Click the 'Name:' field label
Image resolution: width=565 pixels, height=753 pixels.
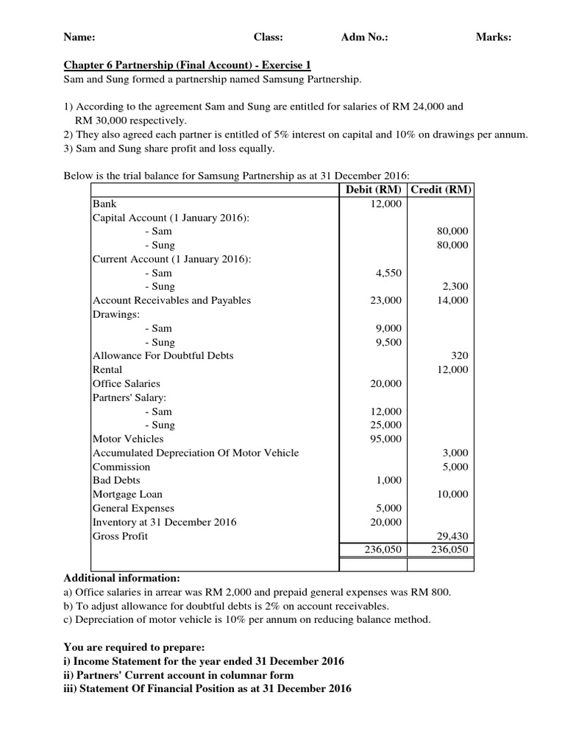tap(79, 37)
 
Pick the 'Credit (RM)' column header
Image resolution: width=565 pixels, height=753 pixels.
tap(441, 190)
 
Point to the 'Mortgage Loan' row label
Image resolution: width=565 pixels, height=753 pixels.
tap(127, 494)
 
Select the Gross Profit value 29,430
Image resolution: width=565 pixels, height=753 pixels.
tap(452, 537)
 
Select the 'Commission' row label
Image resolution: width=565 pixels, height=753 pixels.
tap(121, 467)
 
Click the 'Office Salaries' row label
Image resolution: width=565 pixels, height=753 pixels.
tap(126, 384)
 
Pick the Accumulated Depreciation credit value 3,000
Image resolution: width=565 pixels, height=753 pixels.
tap(455, 453)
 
